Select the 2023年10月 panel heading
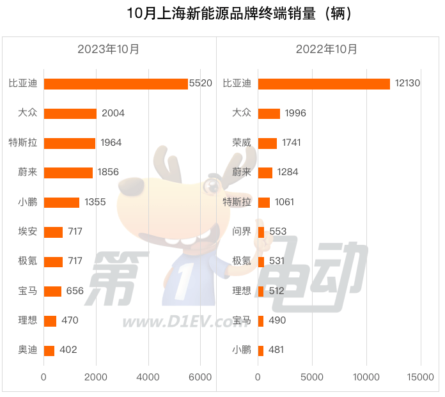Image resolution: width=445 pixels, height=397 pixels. click(x=109, y=49)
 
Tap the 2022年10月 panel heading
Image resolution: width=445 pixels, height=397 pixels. click(x=327, y=49)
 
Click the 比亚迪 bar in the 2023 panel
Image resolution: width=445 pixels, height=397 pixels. click(x=116, y=84)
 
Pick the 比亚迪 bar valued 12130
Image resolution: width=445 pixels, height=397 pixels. click(x=324, y=84)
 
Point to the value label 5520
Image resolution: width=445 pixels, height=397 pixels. click(x=200, y=84)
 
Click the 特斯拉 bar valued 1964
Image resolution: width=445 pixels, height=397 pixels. click(x=70, y=143)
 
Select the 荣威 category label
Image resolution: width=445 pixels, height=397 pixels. click(x=242, y=143)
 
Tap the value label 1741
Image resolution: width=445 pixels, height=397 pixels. click(x=292, y=143)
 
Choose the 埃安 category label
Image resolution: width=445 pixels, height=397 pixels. click(x=27, y=231)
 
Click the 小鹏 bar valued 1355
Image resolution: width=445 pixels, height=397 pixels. click(x=61, y=202)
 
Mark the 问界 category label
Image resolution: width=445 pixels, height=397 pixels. click(x=242, y=231)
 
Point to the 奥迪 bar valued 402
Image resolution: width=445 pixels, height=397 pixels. click(x=49, y=350)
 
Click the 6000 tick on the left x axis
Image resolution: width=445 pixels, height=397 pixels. click(x=201, y=378)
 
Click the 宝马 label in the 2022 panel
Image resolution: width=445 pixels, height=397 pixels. click(x=242, y=320)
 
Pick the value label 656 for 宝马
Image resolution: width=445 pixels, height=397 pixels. click(x=75, y=291)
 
